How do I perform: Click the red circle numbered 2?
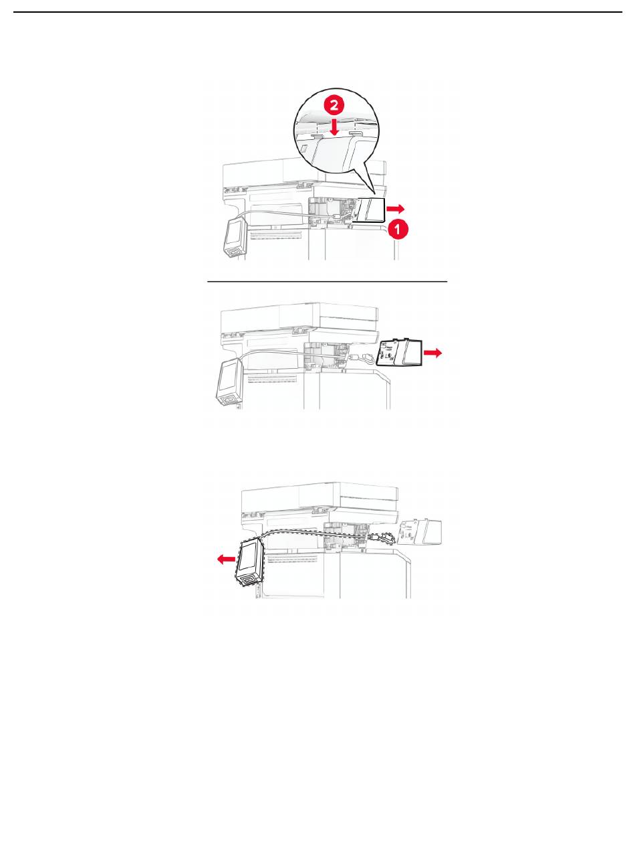pos(334,105)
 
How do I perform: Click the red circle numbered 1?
pos(398,230)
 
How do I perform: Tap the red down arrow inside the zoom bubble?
pos(335,126)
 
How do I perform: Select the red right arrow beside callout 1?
pos(395,209)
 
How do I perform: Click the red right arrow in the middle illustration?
pos(432,353)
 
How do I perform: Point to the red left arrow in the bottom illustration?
pos(226,559)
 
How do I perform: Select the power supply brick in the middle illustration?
pos(229,381)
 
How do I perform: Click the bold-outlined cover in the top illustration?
pos(371,210)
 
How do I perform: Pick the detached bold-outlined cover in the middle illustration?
pos(399,352)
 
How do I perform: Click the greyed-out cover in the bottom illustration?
pos(420,533)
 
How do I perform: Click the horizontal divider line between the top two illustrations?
pos(328,282)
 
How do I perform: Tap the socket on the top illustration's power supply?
pos(234,252)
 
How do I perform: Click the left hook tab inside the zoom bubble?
pos(317,137)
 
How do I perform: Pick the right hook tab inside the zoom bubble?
pos(356,133)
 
